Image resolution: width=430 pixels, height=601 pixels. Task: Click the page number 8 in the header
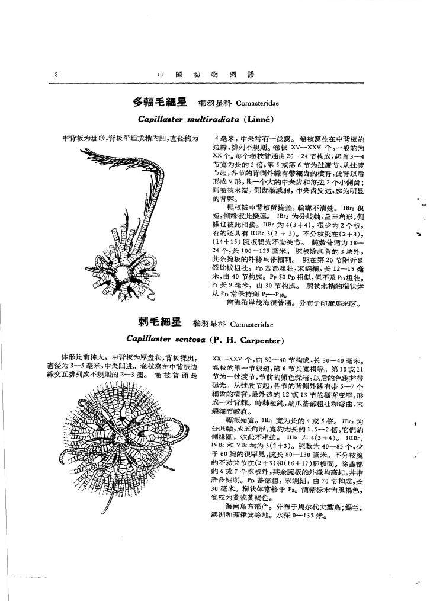pyautogui.click(x=54, y=75)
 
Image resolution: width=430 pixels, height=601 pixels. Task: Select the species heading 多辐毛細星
pyautogui.click(x=159, y=103)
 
